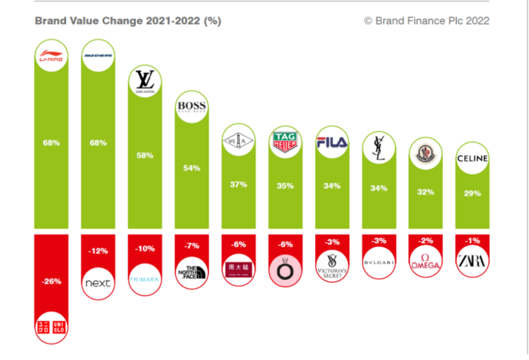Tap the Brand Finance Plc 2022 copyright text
tap(426, 21)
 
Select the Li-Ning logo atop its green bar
tap(51, 57)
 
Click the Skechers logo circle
tap(98, 55)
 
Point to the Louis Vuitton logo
tap(145, 82)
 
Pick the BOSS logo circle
tap(192, 109)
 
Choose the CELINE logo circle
tap(472, 158)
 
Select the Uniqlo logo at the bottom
tap(51, 325)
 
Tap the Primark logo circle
tap(145, 279)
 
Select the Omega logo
tap(425, 261)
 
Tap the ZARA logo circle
tap(472, 261)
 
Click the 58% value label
tap(145, 156)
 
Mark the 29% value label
tap(472, 193)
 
